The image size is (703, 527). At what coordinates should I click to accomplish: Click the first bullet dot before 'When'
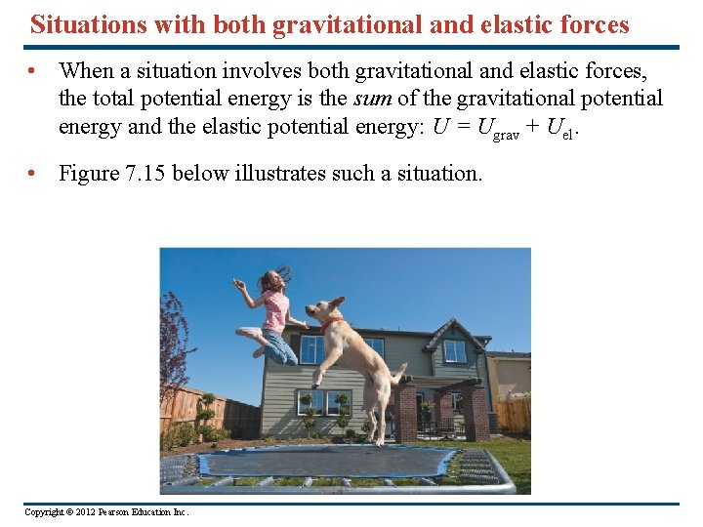coord(33,71)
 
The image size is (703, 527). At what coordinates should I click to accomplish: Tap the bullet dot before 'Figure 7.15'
coord(33,174)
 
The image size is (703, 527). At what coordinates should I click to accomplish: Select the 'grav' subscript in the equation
coord(506,135)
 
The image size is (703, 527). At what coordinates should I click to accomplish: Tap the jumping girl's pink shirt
coord(276,310)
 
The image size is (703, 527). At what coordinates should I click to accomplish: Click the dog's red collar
coord(332,320)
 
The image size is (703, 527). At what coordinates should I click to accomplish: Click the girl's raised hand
coord(236,283)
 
